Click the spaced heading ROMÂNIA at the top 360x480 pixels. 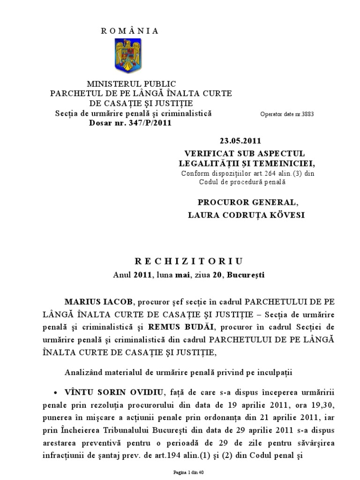pyautogui.click(x=130, y=31)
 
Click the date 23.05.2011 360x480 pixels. pyautogui.click(x=240, y=140)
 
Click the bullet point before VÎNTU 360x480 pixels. pyautogui.click(x=56, y=392)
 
